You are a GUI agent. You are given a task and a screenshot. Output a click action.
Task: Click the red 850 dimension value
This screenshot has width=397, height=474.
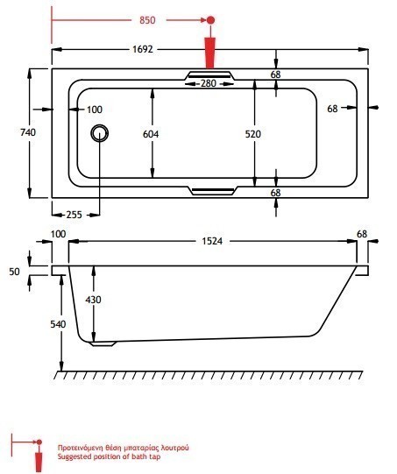tap(147, 20)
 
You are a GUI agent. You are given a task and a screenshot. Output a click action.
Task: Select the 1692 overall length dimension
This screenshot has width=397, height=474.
tap(143, 49)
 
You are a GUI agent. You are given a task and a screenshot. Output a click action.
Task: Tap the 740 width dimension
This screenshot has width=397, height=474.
tap(28, 132)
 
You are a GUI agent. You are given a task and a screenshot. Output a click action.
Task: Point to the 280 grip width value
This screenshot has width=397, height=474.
tap(209, 83)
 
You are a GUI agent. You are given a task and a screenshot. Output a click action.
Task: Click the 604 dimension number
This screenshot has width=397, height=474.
tap(151, 134)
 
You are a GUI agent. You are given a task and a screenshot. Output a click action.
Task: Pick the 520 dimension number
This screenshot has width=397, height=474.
tap(252, 134)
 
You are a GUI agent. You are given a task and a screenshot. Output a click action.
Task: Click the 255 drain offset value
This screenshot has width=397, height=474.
tap(74, 215)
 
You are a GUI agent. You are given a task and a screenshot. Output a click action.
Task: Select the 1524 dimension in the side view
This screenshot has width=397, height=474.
tap(212, 241)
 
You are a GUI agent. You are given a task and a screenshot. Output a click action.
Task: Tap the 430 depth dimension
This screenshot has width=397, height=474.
tap(93, 300)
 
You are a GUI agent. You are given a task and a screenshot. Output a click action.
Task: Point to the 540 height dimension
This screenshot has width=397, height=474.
tap(58, 324)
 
